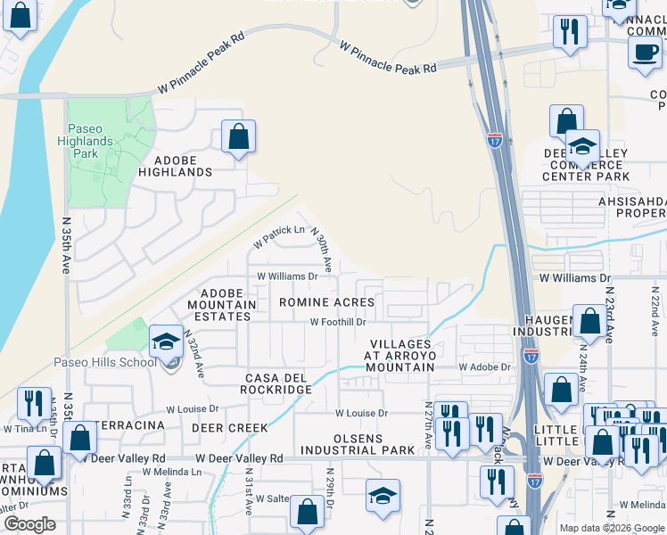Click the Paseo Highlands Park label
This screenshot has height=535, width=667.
[91, 141]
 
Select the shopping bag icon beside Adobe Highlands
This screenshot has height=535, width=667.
[238, 137]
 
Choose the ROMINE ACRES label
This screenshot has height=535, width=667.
[326, 303]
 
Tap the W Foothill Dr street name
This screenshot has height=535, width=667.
[338, 322]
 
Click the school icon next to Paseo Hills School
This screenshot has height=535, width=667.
[166, 342]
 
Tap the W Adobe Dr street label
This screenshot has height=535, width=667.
[484, 367]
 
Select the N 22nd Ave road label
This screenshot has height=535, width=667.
[654, 317]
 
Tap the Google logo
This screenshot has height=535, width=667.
[30, 524]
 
